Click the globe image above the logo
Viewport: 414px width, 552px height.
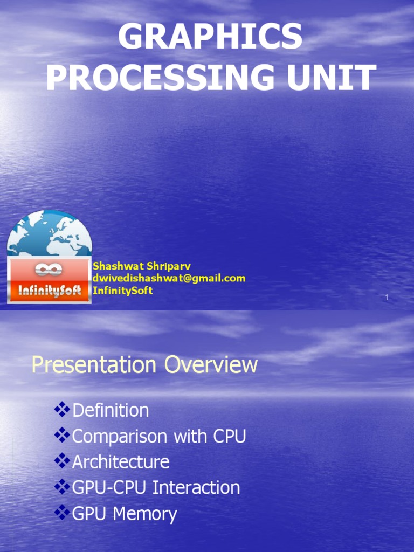pyautogui.click(x=49, y=233)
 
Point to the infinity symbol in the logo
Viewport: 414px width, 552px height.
pyautogui.click(x=49, y=269)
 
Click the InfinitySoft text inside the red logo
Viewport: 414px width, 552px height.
pyautogui.click(x=49, y=291)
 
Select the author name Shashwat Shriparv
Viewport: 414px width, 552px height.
pyautogui.click(x=142, y=266)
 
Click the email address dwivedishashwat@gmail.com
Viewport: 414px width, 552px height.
pyautogui.click(x=169, y=278)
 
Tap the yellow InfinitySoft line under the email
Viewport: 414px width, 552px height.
pyautogui.click(x=122, y=291)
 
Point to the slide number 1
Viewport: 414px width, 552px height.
pyautogui.click(x=387, y=298)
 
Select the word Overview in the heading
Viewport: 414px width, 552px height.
pyautogui.click(x=211, y=365)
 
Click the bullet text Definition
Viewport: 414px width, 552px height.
pyautogui.click(x=111, y=410)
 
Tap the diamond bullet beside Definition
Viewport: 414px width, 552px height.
pyautogui.click(x=63, y=410)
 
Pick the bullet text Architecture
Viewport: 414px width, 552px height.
pyautogui.click(x=121, y=462)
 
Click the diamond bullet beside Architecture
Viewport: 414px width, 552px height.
pyautogui.click(x=63, y=461)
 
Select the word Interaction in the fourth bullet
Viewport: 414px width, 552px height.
pyautogui.click(x=196, y=488)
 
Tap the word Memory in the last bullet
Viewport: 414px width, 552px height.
pyautogui.click(x=144, y=514)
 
